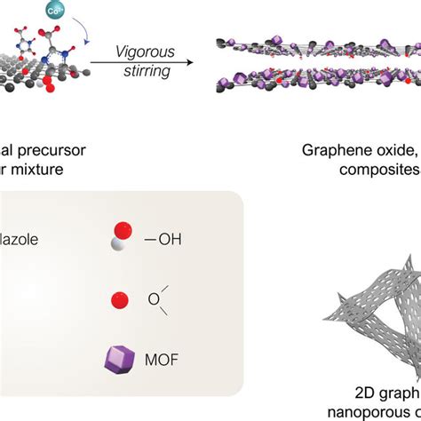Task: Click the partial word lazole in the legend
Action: coord(22,239)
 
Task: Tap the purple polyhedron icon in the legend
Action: coord(117,360)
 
